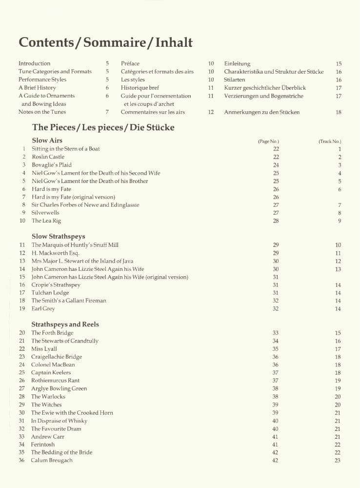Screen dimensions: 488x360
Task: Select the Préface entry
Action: [130, 63]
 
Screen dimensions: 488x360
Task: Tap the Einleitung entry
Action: [237, 63]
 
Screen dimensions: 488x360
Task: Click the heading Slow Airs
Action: [47, 141]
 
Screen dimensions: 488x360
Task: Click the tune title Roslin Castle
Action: [48, 157]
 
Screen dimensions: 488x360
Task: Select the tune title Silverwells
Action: [45, 213]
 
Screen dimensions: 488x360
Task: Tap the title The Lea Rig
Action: [44, 221]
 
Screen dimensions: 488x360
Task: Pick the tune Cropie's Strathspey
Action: [56, 285]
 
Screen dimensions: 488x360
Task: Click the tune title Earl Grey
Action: [43, 308]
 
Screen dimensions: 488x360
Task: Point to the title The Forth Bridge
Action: [52, 333]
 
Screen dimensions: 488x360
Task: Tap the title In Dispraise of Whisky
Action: [59, 421]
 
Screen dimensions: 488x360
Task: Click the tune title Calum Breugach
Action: [52, 460]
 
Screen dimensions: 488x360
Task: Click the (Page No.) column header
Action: [269, 142]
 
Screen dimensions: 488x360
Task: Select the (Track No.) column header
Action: [330, 142]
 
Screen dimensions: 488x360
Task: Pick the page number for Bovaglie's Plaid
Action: [276, 165]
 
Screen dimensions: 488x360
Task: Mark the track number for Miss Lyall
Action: [338, 349]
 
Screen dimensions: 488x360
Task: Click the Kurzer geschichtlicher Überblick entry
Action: [265, 88]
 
